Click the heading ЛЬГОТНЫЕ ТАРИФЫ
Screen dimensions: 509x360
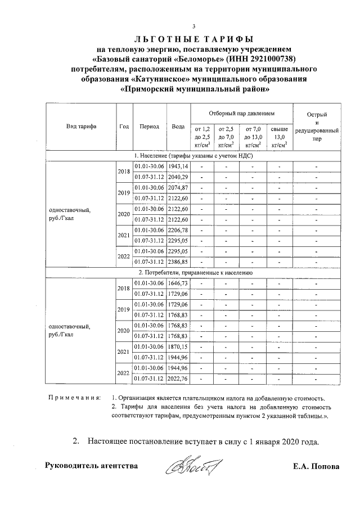tap(194, 39)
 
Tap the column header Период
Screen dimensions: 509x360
tap(150, 127)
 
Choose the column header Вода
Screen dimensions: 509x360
tap(179, 127)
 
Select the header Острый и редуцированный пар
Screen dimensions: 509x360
tap(317, 127)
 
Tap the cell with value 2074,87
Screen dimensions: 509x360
tap(179, 187)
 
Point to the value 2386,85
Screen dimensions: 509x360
tap(179, 262)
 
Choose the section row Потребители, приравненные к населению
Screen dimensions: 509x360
tap(195, 272)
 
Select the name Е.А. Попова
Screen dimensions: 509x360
tap(316, 466)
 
